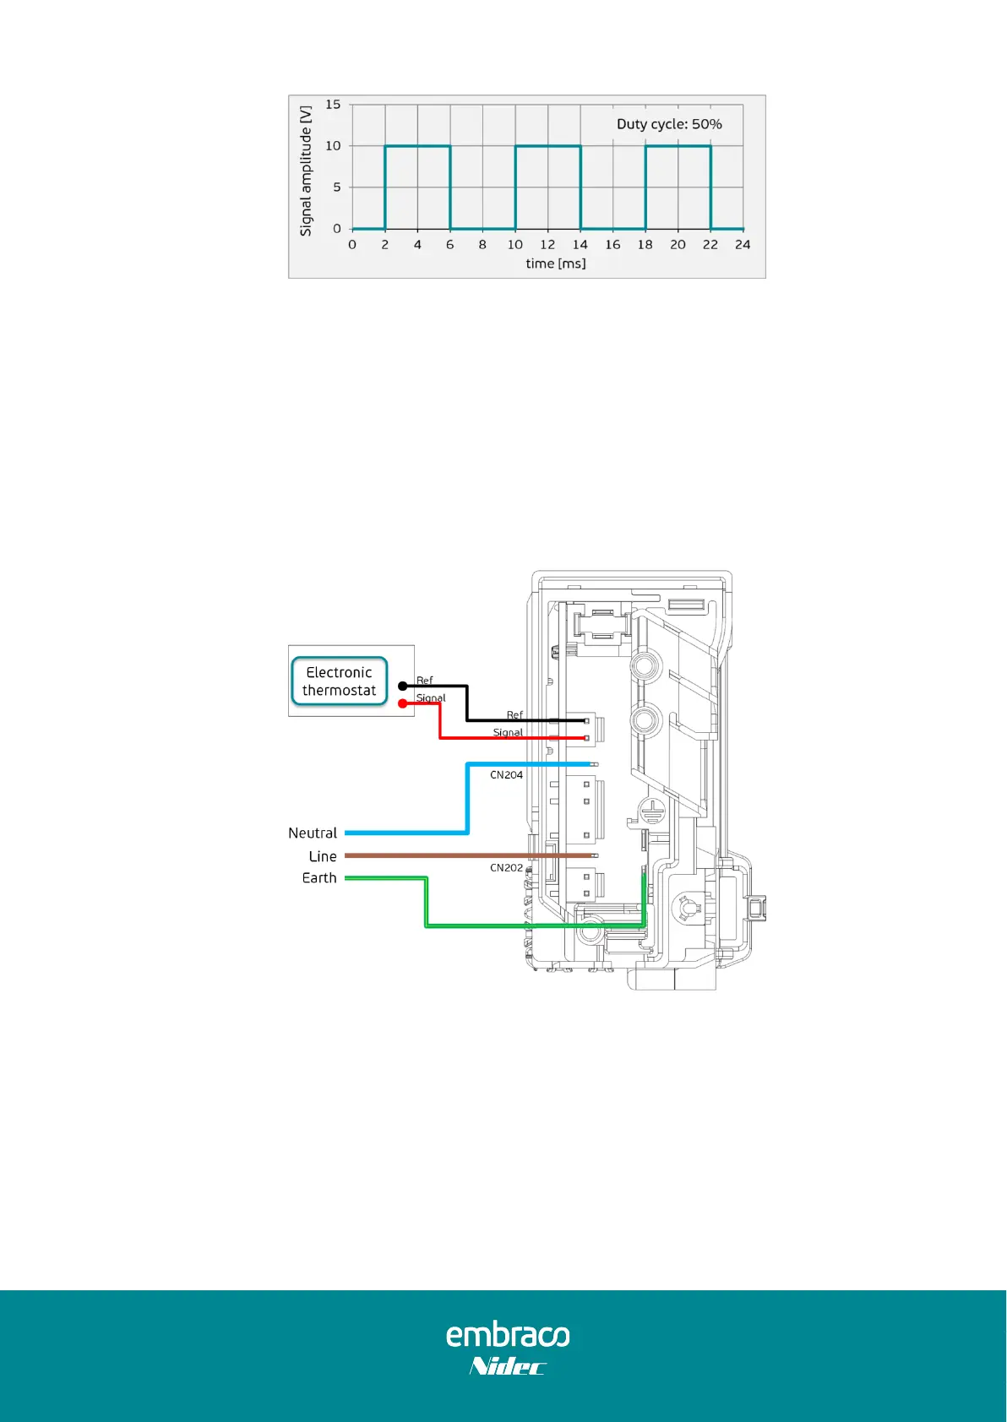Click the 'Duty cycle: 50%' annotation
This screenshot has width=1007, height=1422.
point(669,124)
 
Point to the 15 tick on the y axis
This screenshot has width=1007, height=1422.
point(333,105)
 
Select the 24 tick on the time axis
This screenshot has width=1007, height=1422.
point(743,245)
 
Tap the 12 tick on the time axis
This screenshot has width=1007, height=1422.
point(547,245)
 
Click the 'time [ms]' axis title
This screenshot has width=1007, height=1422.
point(555,263)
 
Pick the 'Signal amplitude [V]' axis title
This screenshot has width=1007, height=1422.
point(306,171)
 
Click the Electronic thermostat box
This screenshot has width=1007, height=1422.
point(339,681)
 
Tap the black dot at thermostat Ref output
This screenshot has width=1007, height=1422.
point(403,686)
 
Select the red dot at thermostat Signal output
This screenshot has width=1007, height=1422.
point(403,703)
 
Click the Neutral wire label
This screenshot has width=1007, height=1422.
point(313,833)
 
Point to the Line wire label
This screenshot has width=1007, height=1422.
point(323,856)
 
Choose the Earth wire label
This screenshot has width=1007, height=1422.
point(319,878)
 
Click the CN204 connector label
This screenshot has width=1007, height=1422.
point(506,775)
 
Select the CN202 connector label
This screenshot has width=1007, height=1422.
point(506,868)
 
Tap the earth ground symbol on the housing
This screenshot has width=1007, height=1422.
point(652,811)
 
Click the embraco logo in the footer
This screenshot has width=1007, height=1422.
point(508,1335)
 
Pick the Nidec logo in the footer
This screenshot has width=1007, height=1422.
point(508,1366)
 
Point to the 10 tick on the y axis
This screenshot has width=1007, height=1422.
point(333,146)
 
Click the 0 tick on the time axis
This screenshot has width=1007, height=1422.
point(352,245)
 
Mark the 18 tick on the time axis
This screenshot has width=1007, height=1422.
point(645,245)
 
